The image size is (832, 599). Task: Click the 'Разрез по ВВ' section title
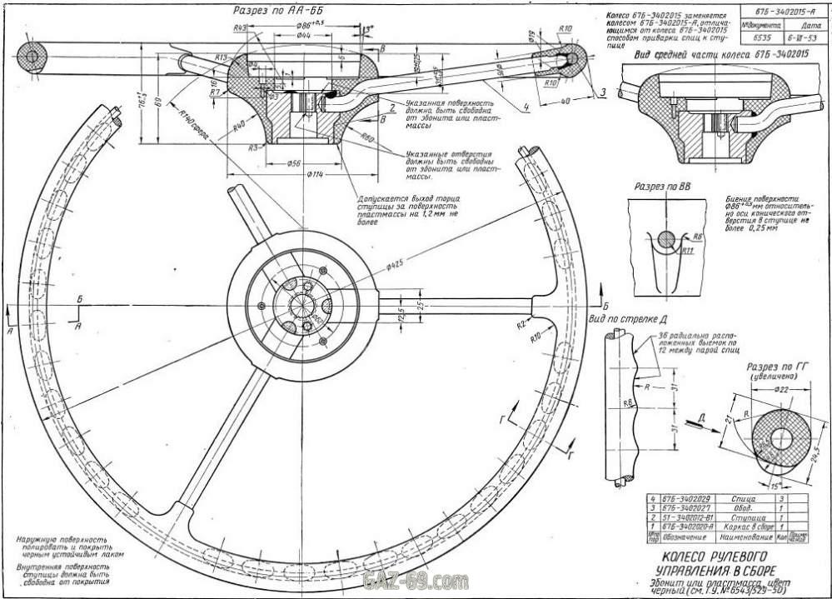[664, 187]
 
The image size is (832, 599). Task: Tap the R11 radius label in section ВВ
[689, 249]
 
